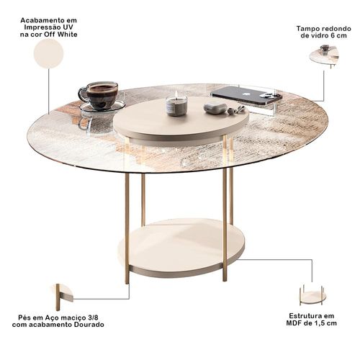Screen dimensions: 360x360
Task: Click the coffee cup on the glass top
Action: [x=101, y=95]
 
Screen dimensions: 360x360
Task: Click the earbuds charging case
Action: [x=214, y=107]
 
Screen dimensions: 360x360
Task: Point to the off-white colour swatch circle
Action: [x=49, y=53]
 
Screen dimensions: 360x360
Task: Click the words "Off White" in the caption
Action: [x=60, y=35]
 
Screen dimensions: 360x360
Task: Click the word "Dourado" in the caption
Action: [x=90, y=325]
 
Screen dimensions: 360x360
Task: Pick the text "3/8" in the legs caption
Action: [x=93, y=318]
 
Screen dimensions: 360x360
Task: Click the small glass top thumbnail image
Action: [x=324, y=56]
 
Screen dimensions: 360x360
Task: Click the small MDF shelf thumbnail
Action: [x=312, y=295]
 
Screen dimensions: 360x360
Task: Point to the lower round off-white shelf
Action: [x=181, y=248]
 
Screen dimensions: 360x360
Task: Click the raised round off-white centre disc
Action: [x=181, y=120]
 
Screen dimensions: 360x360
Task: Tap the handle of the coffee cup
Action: [x=83, y=94]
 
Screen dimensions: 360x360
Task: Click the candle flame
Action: [x=176, y=94]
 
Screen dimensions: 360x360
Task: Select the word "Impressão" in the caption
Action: [x=41, y=27]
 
